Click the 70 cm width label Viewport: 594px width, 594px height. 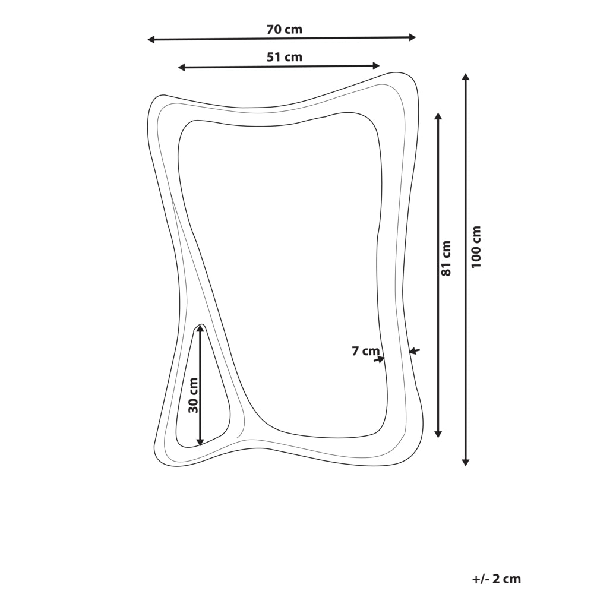point(285,29)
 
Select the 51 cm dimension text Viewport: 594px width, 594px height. point(285,57)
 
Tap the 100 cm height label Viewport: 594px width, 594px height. point(476,247)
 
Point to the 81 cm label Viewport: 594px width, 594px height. point(447,258)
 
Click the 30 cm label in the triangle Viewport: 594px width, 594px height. point(193,395)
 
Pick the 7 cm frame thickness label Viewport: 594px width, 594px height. point(365,351)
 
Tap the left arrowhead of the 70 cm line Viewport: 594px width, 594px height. point(151,39)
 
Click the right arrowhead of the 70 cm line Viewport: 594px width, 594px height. point(412,37)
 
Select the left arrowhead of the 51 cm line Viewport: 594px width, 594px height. point(182,68)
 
